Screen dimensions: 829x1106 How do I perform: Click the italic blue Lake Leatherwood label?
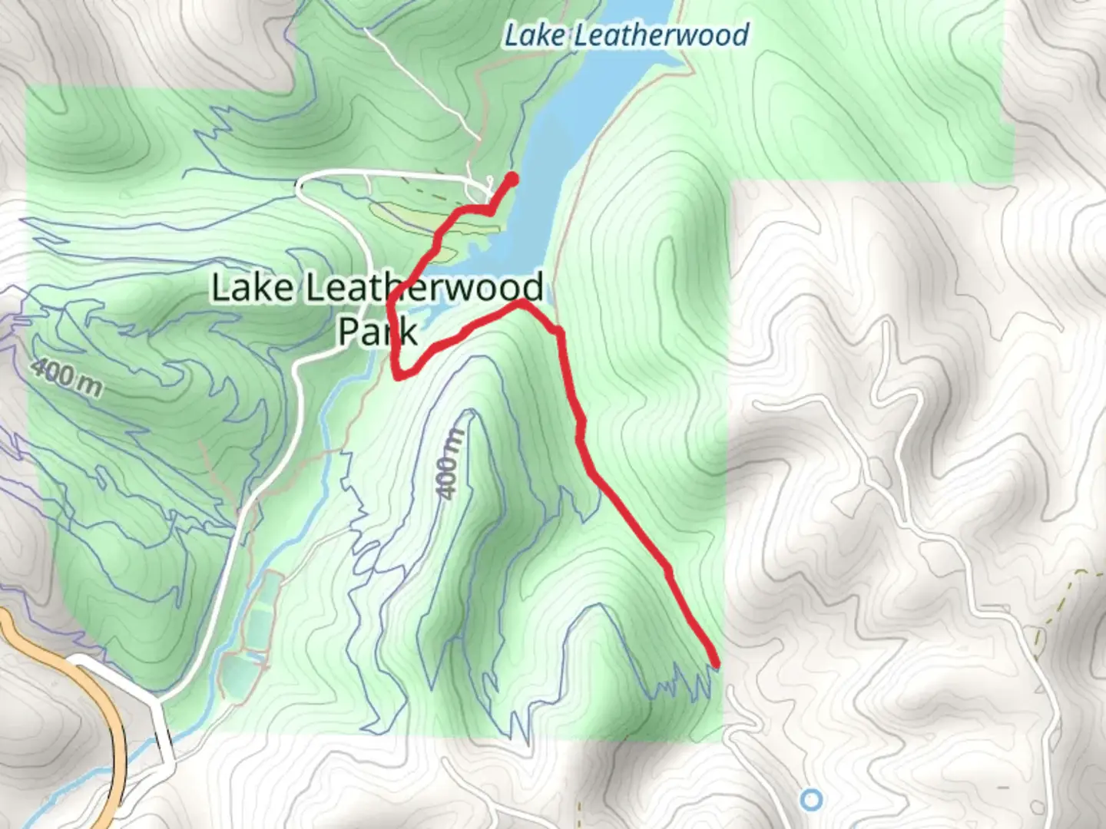[x=626, y=35]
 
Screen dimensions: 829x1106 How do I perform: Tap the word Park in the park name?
[x=377, y=332]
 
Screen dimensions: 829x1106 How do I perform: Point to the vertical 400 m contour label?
[x=452, y=464]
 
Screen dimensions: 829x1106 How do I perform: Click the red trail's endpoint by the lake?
[x=512, y=179]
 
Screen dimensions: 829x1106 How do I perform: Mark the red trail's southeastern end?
[x=716, y=663]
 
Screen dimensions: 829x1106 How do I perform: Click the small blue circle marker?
[x=811, y=800]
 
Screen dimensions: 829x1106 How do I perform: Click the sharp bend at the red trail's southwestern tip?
[x=397, y=375]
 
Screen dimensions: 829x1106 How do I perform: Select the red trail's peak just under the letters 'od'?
[x=521, y=304]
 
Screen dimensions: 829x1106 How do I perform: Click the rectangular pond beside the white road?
[x=260, y=614]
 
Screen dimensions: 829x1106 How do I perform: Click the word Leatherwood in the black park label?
[x=424, y=289]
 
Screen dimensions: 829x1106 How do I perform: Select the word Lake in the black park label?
[x=252, y=289]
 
